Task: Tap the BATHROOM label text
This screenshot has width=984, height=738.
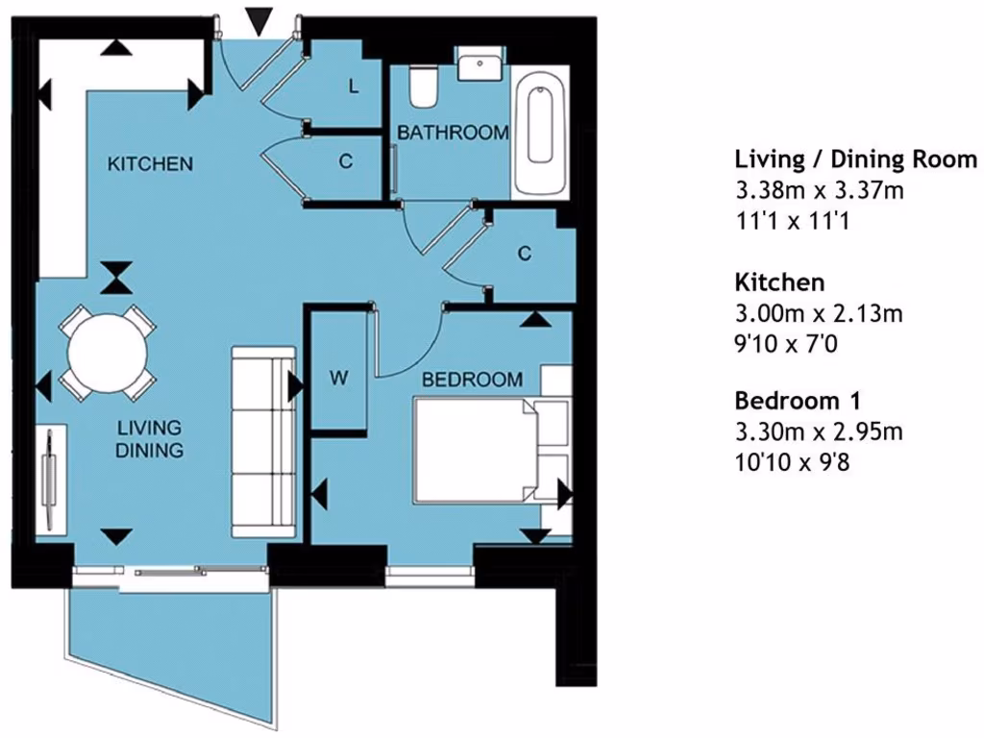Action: (x=453, y=134)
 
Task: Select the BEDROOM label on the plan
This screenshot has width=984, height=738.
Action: (x=473, y=380)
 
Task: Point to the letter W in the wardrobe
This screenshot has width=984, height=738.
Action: (x=338, y=379)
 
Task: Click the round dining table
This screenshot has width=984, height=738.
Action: (x=108, y=351)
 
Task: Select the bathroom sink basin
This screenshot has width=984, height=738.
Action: (x=478, y=65)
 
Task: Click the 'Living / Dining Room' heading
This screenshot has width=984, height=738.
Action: (x=855, y=159)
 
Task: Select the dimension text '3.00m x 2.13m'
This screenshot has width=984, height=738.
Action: (x=819, y=313)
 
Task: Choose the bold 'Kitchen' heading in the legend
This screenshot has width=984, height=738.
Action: (x=779, y=282)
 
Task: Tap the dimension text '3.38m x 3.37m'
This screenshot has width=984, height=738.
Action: (x=819, y=190)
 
